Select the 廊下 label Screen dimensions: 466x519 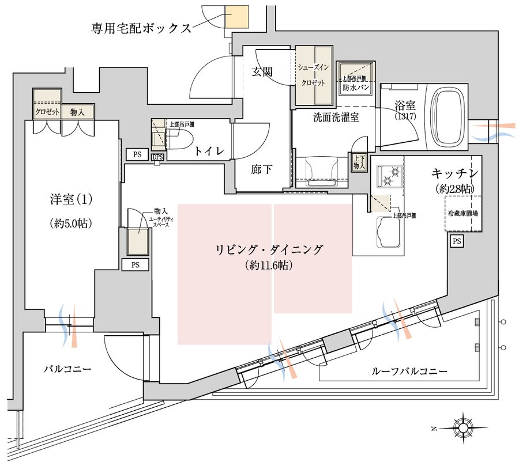pos(261,171)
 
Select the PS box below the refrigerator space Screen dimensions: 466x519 pos(456,242)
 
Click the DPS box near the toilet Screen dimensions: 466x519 pos(157,157)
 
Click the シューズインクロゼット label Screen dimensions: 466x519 pos(313,75)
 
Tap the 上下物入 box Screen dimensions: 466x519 pos(358,162)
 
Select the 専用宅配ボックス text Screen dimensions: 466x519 pos(141,28)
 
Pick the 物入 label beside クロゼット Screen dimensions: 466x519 pos(77,112)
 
